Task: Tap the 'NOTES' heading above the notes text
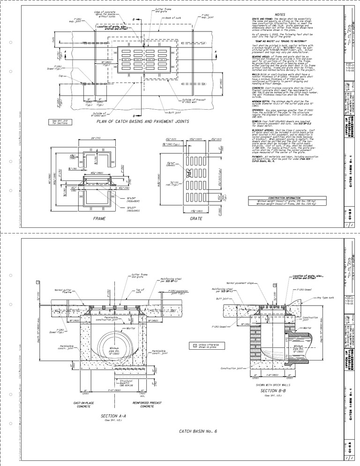tap(280, 15)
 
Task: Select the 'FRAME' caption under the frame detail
tap(99, 218)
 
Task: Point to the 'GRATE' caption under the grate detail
tap(182, 218)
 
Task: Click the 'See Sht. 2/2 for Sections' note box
tap(60, 122)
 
